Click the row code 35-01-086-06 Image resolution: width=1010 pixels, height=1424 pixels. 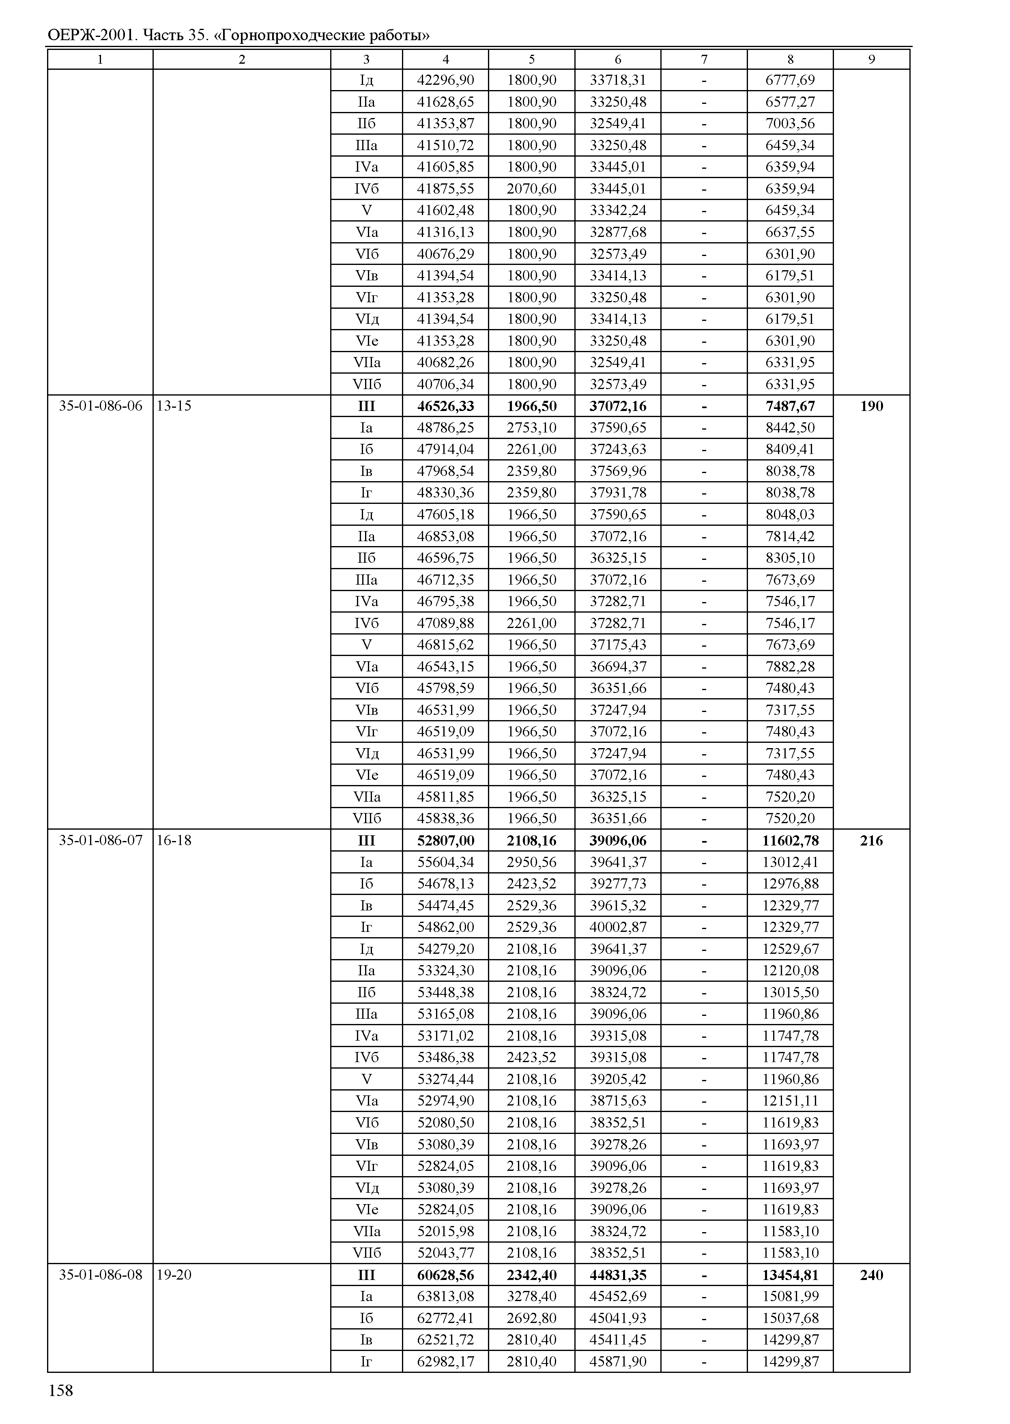[100, 406]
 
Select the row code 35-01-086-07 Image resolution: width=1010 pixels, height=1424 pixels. [100, 841]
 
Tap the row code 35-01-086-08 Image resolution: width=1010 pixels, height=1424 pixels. [100, 1275]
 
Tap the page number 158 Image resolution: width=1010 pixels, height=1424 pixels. [60, 1390]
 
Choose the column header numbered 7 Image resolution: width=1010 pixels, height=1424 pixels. [704, 60]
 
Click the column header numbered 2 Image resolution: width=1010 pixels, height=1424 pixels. [242, 60]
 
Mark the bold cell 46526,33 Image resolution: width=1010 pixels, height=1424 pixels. [445, 406]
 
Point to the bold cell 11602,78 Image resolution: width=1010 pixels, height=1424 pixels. [791, 841]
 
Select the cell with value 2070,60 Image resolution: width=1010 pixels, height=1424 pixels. [532, 189]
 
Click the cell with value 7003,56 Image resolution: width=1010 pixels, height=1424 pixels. [791, 123]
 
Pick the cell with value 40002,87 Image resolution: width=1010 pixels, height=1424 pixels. [618, 927]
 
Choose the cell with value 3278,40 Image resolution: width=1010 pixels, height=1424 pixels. [532, 1297]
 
